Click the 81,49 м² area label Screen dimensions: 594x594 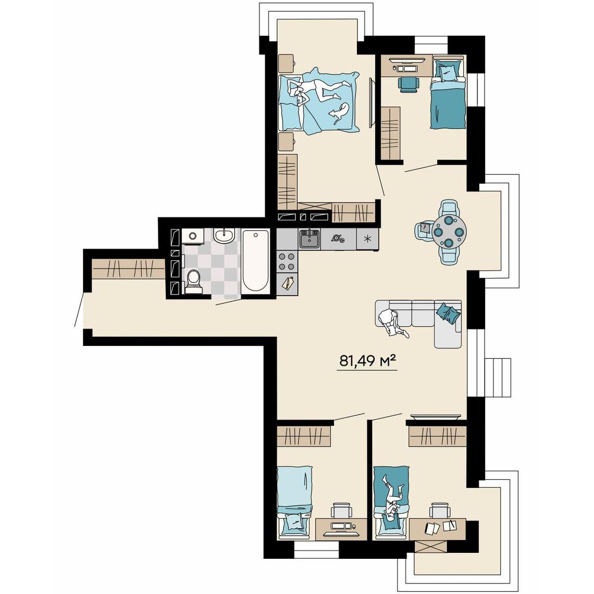point(367,361)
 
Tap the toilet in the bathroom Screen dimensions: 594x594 point(193,281)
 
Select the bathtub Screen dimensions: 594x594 point(255,261)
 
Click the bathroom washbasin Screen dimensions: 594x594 point(224,236)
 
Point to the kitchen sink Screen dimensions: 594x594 point(309,238)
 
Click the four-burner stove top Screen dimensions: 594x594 point(287,261)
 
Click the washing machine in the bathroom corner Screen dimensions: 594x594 point(193,236)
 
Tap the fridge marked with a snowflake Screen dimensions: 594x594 point(367,239)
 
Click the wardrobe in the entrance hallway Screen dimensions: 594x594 point(128,269)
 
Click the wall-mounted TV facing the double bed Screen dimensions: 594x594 point(372,102)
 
